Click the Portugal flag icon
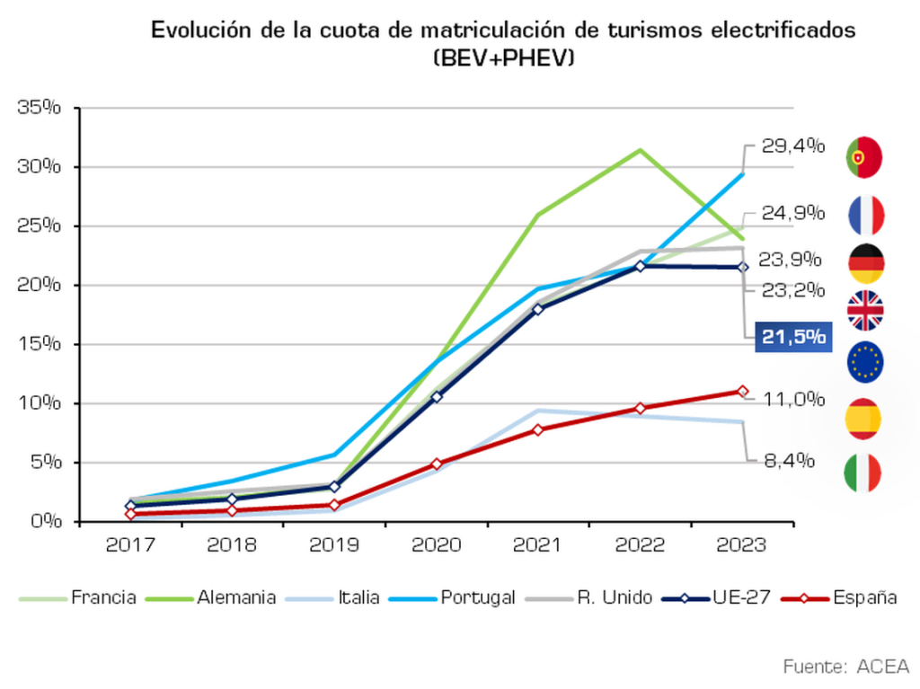[864, 157]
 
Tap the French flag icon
[865, 216]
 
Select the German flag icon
[865, 263]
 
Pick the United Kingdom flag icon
[865, 311]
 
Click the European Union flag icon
[865, 361]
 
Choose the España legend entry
[839, 597]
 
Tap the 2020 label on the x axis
[436, 545]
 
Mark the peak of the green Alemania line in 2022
[640, 150]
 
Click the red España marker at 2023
[742, 391]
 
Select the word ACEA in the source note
[882, 667]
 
